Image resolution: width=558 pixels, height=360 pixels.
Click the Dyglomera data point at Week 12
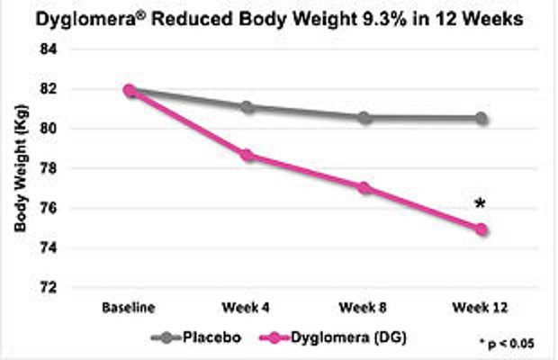481,229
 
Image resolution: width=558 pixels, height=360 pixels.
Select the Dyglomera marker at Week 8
364,188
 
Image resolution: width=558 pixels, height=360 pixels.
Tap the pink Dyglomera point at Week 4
247,156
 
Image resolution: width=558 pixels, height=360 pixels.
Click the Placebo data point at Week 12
481,119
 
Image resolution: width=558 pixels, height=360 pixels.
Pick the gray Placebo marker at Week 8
364,118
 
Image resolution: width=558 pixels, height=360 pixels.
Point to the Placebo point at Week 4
247,107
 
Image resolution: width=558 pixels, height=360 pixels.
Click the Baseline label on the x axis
130,308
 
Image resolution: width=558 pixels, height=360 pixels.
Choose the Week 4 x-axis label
247,308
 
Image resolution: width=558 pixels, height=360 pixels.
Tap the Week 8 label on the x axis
364,308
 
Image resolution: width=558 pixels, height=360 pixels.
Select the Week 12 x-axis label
481,308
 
